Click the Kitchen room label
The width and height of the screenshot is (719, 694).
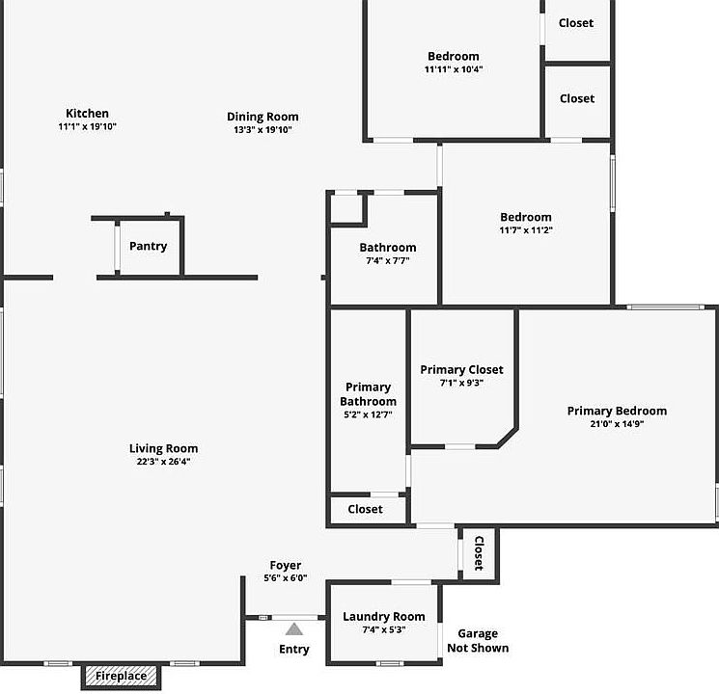[x=87, y=114]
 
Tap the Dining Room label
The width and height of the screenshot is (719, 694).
[x=263, y=117]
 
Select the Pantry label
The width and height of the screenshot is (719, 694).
[x=148, y=246]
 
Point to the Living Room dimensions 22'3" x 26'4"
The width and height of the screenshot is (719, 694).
[x=164, y=462]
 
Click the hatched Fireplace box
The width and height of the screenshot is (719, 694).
[x=121, y=676]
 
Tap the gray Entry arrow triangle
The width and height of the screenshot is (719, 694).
[x=293, y=629]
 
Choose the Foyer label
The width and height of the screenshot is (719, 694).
[x=286, y=566]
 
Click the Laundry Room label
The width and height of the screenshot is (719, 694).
[x=383, y=617]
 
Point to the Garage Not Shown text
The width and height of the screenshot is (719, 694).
[x=478, y=641]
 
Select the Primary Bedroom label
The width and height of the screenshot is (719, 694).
[x=617, y=411]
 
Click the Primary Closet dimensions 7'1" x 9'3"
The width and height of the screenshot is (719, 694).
[x=461, y=383]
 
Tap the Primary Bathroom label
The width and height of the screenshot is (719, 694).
[x=368, y=394]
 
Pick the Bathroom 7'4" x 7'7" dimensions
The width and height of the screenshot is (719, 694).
[x=388, y=260]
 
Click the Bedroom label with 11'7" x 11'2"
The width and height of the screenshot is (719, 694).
[x=526, y=217]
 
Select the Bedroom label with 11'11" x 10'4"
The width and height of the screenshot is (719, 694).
[x=454, y=56]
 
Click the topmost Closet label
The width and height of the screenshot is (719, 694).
[x=576, y=22]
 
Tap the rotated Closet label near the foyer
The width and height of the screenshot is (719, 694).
[x=478, y=554]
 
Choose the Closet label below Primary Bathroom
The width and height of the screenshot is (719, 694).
[x=365, y=509]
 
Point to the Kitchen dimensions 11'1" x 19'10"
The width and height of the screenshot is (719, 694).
[x=87, y=126]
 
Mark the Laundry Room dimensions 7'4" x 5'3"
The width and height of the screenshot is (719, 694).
[x=383, y=629]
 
